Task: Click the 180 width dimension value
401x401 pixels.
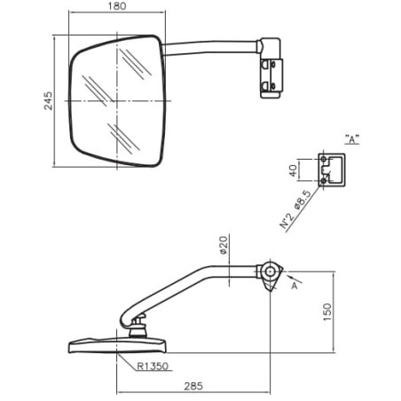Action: (117, 6)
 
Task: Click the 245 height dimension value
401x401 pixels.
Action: (48, 101)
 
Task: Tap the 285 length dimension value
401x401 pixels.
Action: (193, 386)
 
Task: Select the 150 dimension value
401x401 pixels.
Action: (327, 312)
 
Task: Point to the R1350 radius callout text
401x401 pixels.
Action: (153, 366)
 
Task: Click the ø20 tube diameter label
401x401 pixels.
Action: (224, 245)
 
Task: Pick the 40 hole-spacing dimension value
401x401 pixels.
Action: (293, 170)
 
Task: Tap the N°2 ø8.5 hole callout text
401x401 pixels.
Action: (295, 209)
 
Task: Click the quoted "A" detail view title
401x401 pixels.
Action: (352, 139)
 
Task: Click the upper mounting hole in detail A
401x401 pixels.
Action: (324, 159)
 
